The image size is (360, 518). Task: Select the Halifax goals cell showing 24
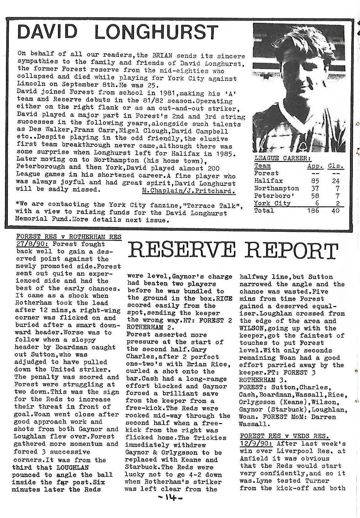pyautogui.click(x=335, y=181)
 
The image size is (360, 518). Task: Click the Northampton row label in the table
pyautogui.click(x=276, y=188)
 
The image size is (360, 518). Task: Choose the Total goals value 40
pyautogui.click(x=335, y=210)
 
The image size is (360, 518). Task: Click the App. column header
pyautogui.click(x=315, y=166)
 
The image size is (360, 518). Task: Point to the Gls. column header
pyautogui.click(x=336, y=166)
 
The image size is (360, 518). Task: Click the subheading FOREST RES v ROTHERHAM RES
pyautogui.click(x=69, y=237)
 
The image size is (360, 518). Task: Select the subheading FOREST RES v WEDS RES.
pyautogui.click(x=284, y=436)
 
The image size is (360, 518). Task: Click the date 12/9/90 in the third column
pyautogui.click(x=256, y=443)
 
